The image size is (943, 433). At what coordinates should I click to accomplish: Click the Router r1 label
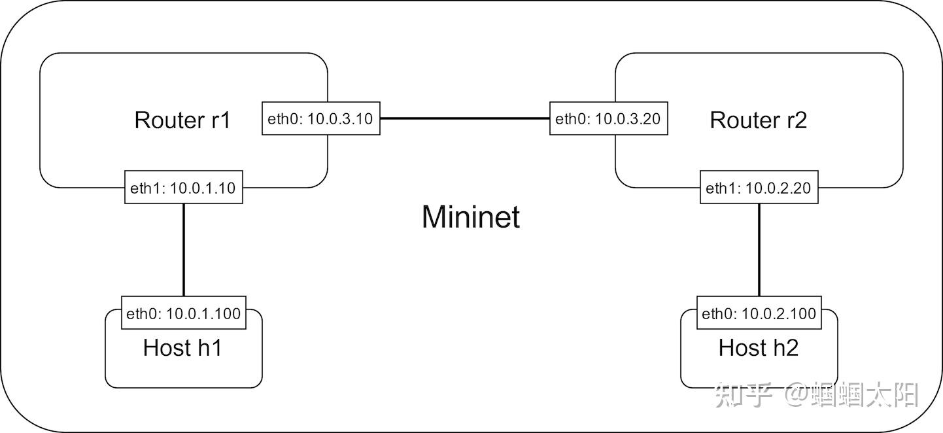[x=182, y=120]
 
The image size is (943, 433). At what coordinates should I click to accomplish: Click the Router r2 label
[x=758, y=120]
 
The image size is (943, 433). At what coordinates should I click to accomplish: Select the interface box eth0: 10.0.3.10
[x=321, y=119]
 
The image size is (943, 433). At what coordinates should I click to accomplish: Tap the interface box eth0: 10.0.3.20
[x=608, y=119]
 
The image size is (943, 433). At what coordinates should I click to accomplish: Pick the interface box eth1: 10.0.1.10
[x=183, y=188]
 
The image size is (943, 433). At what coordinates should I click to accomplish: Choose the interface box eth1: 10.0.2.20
[x=759, y=188]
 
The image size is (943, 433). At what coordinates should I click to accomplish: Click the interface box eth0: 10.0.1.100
[x=183, y=313]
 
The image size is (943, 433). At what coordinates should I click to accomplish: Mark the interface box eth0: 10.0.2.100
[x=759, y=313]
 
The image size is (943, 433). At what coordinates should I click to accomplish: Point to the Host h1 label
[x=182, y=348]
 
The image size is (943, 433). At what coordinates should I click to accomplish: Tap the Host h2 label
[x=758, y=348]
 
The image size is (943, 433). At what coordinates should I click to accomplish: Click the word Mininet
[x=471, y=217]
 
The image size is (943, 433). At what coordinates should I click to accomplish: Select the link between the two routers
[x=464, y=118]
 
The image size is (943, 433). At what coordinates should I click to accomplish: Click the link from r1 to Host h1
[x=183, y=249]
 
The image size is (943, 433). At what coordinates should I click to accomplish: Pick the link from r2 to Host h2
[x=759, y=249]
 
